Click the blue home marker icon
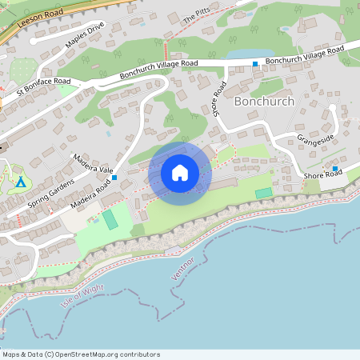tap(179, 172)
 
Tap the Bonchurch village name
tap(264, 102)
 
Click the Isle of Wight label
tap(82, 296)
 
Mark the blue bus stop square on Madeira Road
tap(114, 177)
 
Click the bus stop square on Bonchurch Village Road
tap(255, 63)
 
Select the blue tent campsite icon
tap(21, 182)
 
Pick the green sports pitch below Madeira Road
tap(110, 218)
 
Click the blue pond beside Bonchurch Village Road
tap(239, 55)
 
